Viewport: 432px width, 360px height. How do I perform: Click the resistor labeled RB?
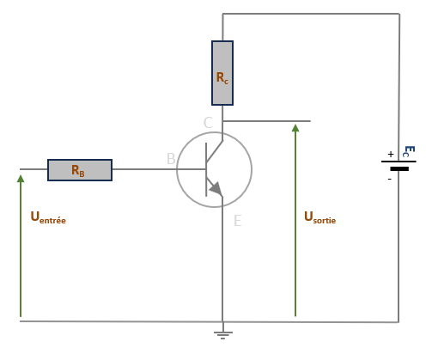[x=80, y=170]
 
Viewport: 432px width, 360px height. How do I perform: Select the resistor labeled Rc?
[x=222, y=73]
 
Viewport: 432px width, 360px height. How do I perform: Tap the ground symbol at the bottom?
[x=223, y=335]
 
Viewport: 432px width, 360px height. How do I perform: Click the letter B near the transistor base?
[x=171, y=159]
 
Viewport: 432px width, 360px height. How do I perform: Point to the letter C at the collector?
[x=208, y=123]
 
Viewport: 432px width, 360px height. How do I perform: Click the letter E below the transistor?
[x=238, y=221]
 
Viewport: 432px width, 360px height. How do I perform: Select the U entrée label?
[x=48, y=217]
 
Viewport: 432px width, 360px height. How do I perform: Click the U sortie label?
[x=320, y=217]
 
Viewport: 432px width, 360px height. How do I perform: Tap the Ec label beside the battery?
[x=409, y=151]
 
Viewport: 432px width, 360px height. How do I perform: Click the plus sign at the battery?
[x=391, y=155]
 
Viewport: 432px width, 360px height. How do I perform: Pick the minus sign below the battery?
[x=390, y=180]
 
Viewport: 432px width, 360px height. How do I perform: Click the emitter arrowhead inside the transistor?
[x=216, y=188]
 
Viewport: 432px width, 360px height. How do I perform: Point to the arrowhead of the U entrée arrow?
[x=21, y=179]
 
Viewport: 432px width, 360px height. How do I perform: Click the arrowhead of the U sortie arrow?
[x=295, y=128]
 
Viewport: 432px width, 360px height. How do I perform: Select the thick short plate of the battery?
[x=399, y=169]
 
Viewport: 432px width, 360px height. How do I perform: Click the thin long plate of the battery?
[x=399, y=162]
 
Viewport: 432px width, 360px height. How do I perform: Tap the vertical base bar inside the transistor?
[x=206, y=169]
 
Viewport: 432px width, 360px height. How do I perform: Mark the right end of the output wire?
[x=310, y=121]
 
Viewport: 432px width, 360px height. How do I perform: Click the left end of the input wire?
[x=20, y=169]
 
